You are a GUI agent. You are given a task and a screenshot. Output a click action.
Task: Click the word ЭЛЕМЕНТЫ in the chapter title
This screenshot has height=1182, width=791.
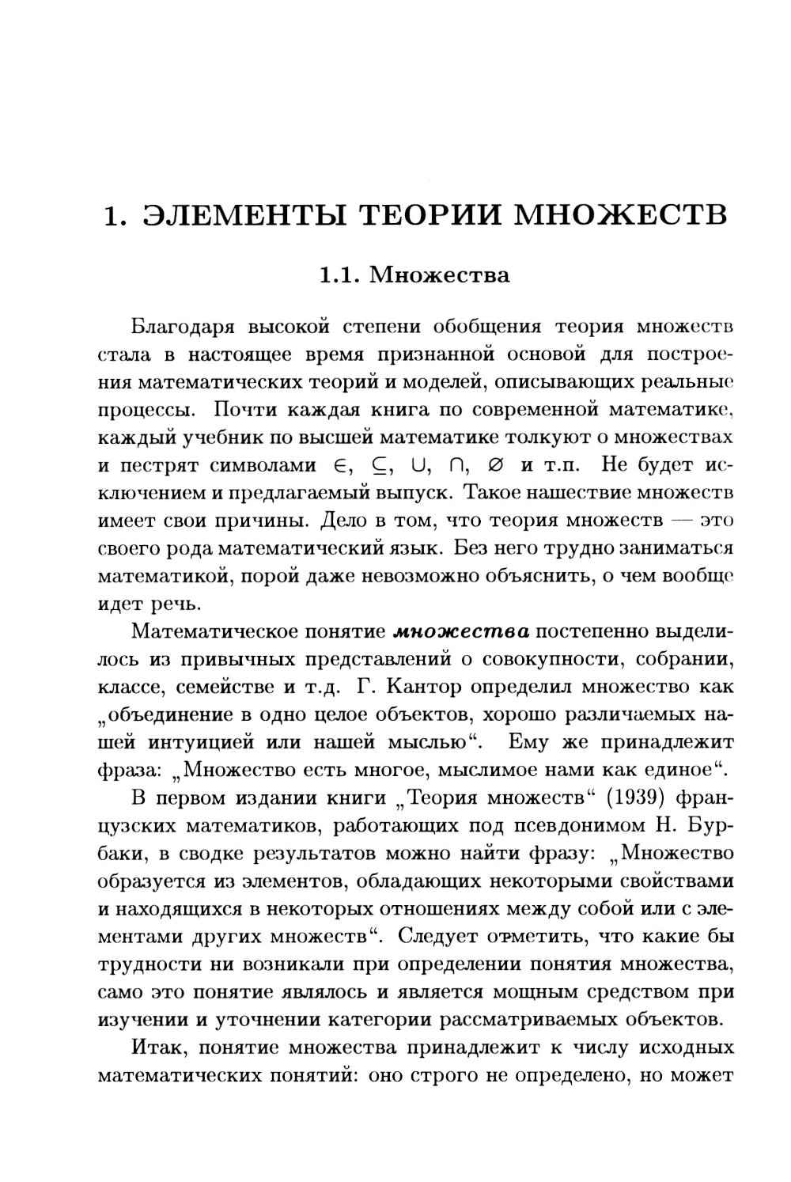(x=243, y=214)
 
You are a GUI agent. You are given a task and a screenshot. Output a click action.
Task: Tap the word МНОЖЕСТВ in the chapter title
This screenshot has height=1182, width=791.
(x=621, y=214)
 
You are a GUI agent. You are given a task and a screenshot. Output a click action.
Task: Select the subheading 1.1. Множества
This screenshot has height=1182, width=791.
(x=413, y=275)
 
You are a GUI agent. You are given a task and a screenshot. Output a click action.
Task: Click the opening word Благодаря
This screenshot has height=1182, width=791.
(x=181, y=325)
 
